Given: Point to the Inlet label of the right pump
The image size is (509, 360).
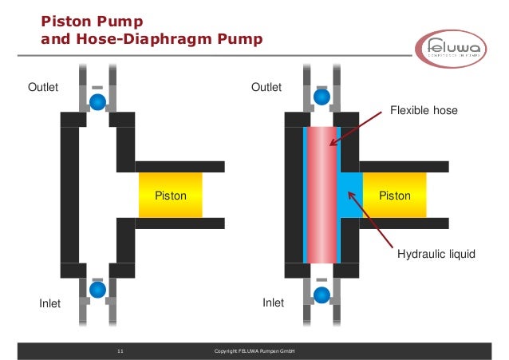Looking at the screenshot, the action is (x=274, y=303).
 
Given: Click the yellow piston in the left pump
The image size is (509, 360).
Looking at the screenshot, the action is (x=170, y=195).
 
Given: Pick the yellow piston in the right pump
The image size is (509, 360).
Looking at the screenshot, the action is (x=394, y=195).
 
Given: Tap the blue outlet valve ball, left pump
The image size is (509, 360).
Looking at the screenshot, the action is (x=97, y=101).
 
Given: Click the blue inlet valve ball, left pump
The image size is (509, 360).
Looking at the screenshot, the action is (x=97, y=289).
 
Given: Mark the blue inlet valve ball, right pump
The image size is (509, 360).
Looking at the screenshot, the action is (x=322, y=295).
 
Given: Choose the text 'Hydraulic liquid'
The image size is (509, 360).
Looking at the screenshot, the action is (x=436, y=255).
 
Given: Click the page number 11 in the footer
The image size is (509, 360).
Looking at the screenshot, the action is (x=120, y=351).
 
